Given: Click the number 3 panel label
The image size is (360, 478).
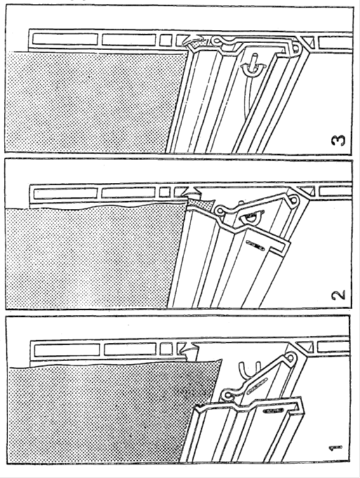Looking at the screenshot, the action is pyautogui.click(x=338, y=140).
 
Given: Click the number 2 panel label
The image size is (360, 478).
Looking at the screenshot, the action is pyautogui.click(x=338, y=295).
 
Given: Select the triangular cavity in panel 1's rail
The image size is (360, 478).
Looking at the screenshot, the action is pyautogui.click(x=307, y=346).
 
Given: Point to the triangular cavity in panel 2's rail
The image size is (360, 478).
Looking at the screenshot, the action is pyautogui.click(x=307, y=191).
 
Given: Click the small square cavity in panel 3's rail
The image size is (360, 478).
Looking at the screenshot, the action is pyautogui.click(x=166, y=40).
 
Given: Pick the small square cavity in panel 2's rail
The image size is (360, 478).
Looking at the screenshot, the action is pyautogui.click(x=164, y=192).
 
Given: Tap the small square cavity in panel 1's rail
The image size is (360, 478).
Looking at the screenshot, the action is pyautogui.click(x=166, y=349).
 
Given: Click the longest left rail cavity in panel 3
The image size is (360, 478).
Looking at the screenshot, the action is pyautogui.click(x=65, y=39).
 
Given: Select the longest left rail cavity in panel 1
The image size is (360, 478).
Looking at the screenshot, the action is pyautogui.click(x=67, y=350).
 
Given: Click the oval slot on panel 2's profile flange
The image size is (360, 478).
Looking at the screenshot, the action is pyautogui.click(x=255, y=245).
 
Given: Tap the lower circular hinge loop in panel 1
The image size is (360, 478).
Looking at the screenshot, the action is pyautogui.click(x=227, y=395).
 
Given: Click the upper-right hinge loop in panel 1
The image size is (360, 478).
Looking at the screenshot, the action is pyautogui.click(x=291, y=357).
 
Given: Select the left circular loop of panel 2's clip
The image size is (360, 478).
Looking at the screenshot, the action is pyautogui.click(x=220, y=210).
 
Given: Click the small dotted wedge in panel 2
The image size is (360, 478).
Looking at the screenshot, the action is pyautogui.click(x=199, y=202).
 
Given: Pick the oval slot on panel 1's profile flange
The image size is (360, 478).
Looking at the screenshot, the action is pyautogui.click(x=272, y=411).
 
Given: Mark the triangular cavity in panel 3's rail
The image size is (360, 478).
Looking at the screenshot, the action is pyautogui.click(x=309, y=40).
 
